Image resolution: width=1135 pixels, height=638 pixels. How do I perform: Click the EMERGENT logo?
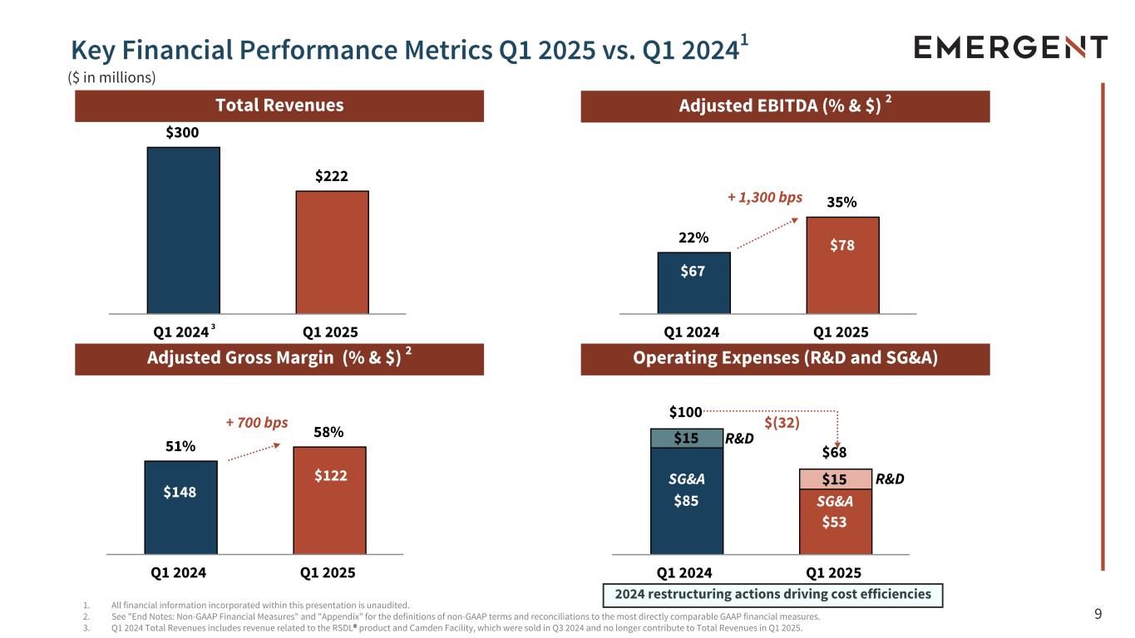pos(1010,47)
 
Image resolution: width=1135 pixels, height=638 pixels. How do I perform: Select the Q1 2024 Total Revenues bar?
pos(183,230)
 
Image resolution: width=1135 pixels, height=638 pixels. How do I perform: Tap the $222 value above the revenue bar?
pos(331,176)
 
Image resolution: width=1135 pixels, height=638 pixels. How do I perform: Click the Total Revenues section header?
pos(279,106)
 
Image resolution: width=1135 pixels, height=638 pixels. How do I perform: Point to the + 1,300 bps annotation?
pos(765,197)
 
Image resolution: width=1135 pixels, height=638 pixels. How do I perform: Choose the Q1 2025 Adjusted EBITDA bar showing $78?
pos(842,265)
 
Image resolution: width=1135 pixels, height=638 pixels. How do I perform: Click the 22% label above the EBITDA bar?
pos(693,238)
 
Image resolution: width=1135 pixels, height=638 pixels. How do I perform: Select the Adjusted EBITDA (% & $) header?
pos(785,106)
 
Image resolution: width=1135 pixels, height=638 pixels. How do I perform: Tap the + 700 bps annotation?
pos(257,422)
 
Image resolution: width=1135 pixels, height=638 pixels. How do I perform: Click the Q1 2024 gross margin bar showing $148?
pos(180,507)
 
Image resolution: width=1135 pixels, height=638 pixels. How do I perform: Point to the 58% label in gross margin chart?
pos(328,432)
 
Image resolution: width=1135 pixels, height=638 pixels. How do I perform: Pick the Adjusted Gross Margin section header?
pos(279,359)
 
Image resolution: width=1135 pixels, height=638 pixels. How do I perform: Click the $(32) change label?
pos(782,422)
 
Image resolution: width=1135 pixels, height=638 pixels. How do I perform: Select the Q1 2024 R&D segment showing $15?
pos(687,439)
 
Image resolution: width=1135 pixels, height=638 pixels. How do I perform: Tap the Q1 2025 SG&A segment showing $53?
pos(835,522)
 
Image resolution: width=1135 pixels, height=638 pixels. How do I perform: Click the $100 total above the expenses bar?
pos(686,412)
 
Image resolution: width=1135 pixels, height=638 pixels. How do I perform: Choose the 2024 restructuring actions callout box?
pos(772,595)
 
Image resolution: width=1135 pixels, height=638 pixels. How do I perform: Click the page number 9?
pos(1098,615)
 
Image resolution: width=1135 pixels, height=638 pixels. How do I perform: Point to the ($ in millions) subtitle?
pos(111,77)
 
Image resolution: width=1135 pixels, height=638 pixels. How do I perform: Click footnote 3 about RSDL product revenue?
pos(449,628)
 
